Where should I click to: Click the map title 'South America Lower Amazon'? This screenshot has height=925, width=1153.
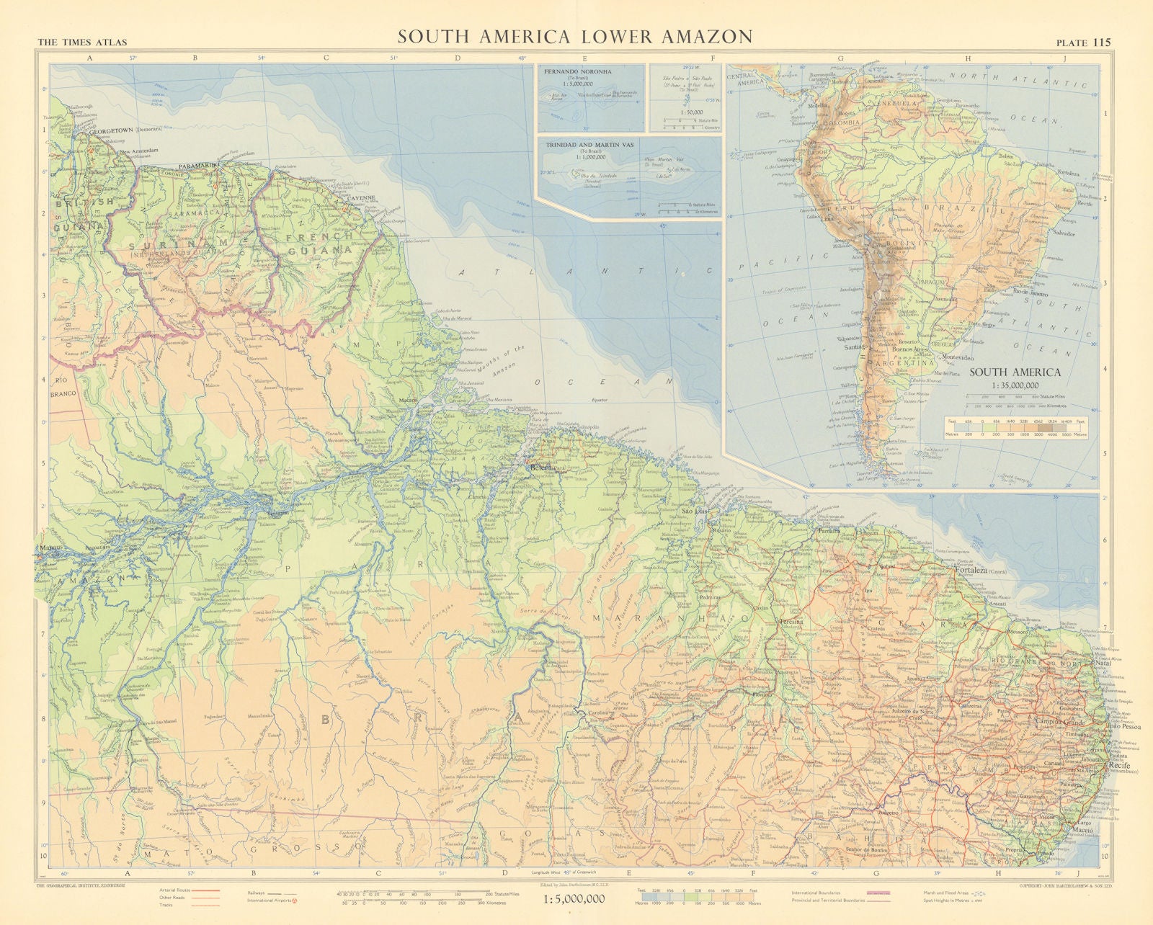click(575, 37)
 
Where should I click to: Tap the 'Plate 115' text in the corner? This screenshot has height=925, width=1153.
click(1083, 43)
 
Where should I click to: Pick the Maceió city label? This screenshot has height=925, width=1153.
click(1082, 830)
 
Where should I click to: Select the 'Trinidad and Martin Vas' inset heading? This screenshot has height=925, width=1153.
click(589, 145)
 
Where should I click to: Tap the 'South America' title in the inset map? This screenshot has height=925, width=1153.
click(1014, 372)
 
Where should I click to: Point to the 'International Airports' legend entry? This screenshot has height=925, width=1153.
click(267, 901)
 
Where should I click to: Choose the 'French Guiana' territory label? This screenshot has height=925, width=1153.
click(318, 243)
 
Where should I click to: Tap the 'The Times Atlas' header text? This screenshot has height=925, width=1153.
click(81, 43)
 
